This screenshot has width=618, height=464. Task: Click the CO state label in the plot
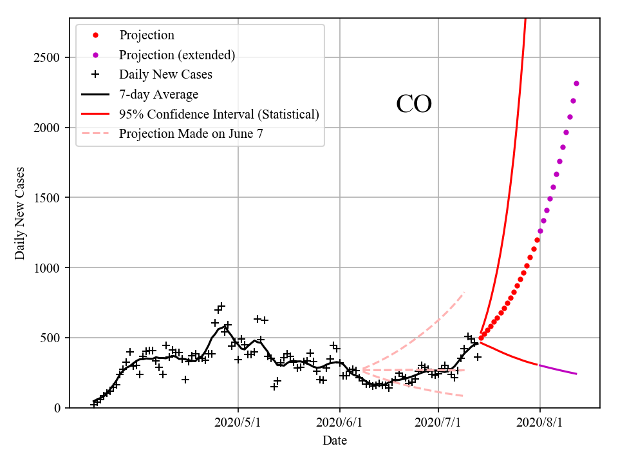pyautogui.click(x=414, y=104)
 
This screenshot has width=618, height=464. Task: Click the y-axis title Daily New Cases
pyautogui.click(x=20, y=213)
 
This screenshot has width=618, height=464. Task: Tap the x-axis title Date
pyautogui.click(x=335, y=440)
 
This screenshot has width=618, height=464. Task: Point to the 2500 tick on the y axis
pyautogui.click(x=47, y=57)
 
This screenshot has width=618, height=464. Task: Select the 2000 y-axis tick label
pyautogui.click(x=47, y=128)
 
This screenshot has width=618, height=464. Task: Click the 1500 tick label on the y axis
pyautogui.click(x=47, y=197)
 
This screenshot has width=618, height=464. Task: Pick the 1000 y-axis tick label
pyautogui.click(x=47, y=267)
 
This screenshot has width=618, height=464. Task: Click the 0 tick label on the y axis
pyautogui.click(x=57, y=408)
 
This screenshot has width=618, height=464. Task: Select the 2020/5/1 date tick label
pyautogui.click(x=238, y=423)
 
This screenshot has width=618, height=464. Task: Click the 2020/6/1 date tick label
pyautogui.click(x=340, y=423)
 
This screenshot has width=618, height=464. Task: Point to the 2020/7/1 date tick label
pyautogui.click(x=438, y=423)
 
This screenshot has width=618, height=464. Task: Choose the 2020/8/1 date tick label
pyautogui.click(x=540, y=423)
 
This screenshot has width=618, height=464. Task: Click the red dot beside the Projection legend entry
pyautogui.click(x=95, y=35)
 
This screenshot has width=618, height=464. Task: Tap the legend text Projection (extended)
pyautogui.click(x=177, y=55)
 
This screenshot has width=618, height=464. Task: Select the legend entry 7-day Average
pyautogui.click(x=158, y=94)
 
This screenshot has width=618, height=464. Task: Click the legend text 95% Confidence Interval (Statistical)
pyautogui.click(x=219, y=114)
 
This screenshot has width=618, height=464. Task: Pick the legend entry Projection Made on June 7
pyautogui.click(x=191, y=133)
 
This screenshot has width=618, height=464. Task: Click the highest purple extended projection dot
pyautogui.click(x=576, y=83)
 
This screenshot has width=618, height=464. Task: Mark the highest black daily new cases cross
pyautogui.click(x=221, y=306)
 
